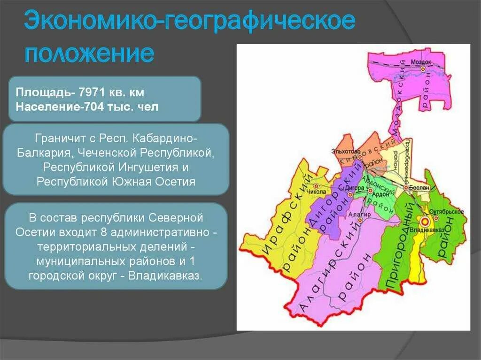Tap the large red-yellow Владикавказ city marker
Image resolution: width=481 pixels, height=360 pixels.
click(426, 221)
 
